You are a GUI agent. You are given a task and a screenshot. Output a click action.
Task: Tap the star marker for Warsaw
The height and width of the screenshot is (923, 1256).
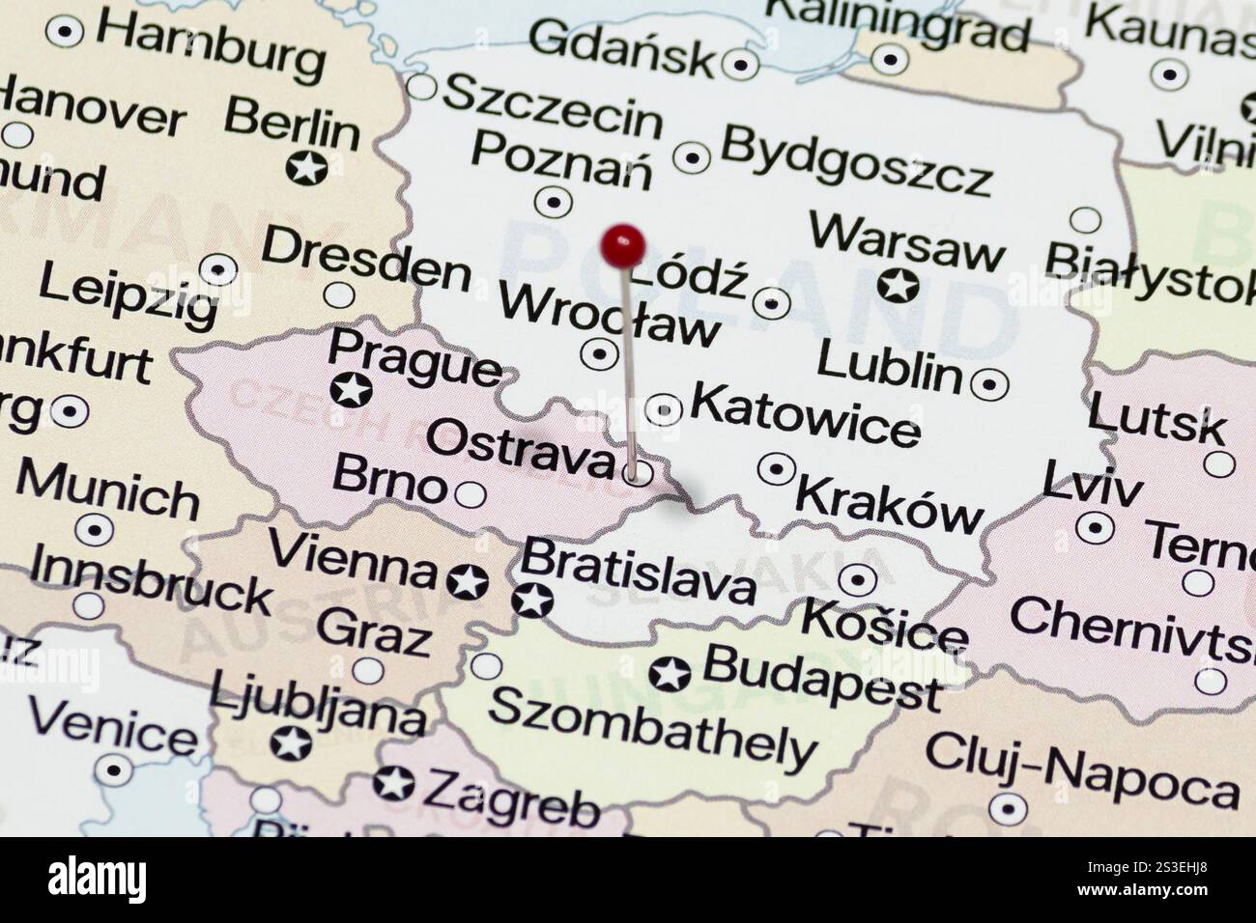coord(899,286)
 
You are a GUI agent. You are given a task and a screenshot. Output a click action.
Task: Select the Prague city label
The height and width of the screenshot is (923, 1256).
coord(415,356)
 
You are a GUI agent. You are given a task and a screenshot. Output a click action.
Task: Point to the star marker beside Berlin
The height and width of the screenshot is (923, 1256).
coord(307,168)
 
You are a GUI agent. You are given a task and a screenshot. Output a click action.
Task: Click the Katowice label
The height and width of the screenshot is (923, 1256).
coord(805,413)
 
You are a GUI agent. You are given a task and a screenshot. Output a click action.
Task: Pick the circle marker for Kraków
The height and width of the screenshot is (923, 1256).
coord(776,469)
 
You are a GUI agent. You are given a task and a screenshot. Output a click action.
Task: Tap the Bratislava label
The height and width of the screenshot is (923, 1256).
coord(638,570)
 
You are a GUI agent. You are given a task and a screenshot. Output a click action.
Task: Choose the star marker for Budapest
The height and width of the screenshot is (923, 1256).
coord(670,673)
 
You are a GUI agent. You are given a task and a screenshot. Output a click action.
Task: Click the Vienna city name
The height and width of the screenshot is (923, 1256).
coord(353,559)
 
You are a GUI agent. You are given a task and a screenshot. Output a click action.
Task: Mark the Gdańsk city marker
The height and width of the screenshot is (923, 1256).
coord(741,65)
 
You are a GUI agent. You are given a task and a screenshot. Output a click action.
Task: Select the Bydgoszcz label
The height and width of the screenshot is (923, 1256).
coord(856,159)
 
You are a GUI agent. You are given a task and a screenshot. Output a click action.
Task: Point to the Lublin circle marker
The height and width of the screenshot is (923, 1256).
coord(988,384)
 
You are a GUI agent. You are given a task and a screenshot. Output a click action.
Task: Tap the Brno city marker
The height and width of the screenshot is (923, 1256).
coord(471,494)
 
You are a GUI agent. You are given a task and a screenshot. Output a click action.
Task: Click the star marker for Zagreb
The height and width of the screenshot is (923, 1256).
coord(393,783)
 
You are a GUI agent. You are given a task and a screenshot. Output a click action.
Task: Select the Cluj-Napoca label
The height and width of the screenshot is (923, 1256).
coord(1081,773)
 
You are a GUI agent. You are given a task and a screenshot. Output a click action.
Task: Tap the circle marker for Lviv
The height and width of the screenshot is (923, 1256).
coord(1094,527)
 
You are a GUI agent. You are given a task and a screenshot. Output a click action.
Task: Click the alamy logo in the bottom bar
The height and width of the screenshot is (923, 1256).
coord(98,879)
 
